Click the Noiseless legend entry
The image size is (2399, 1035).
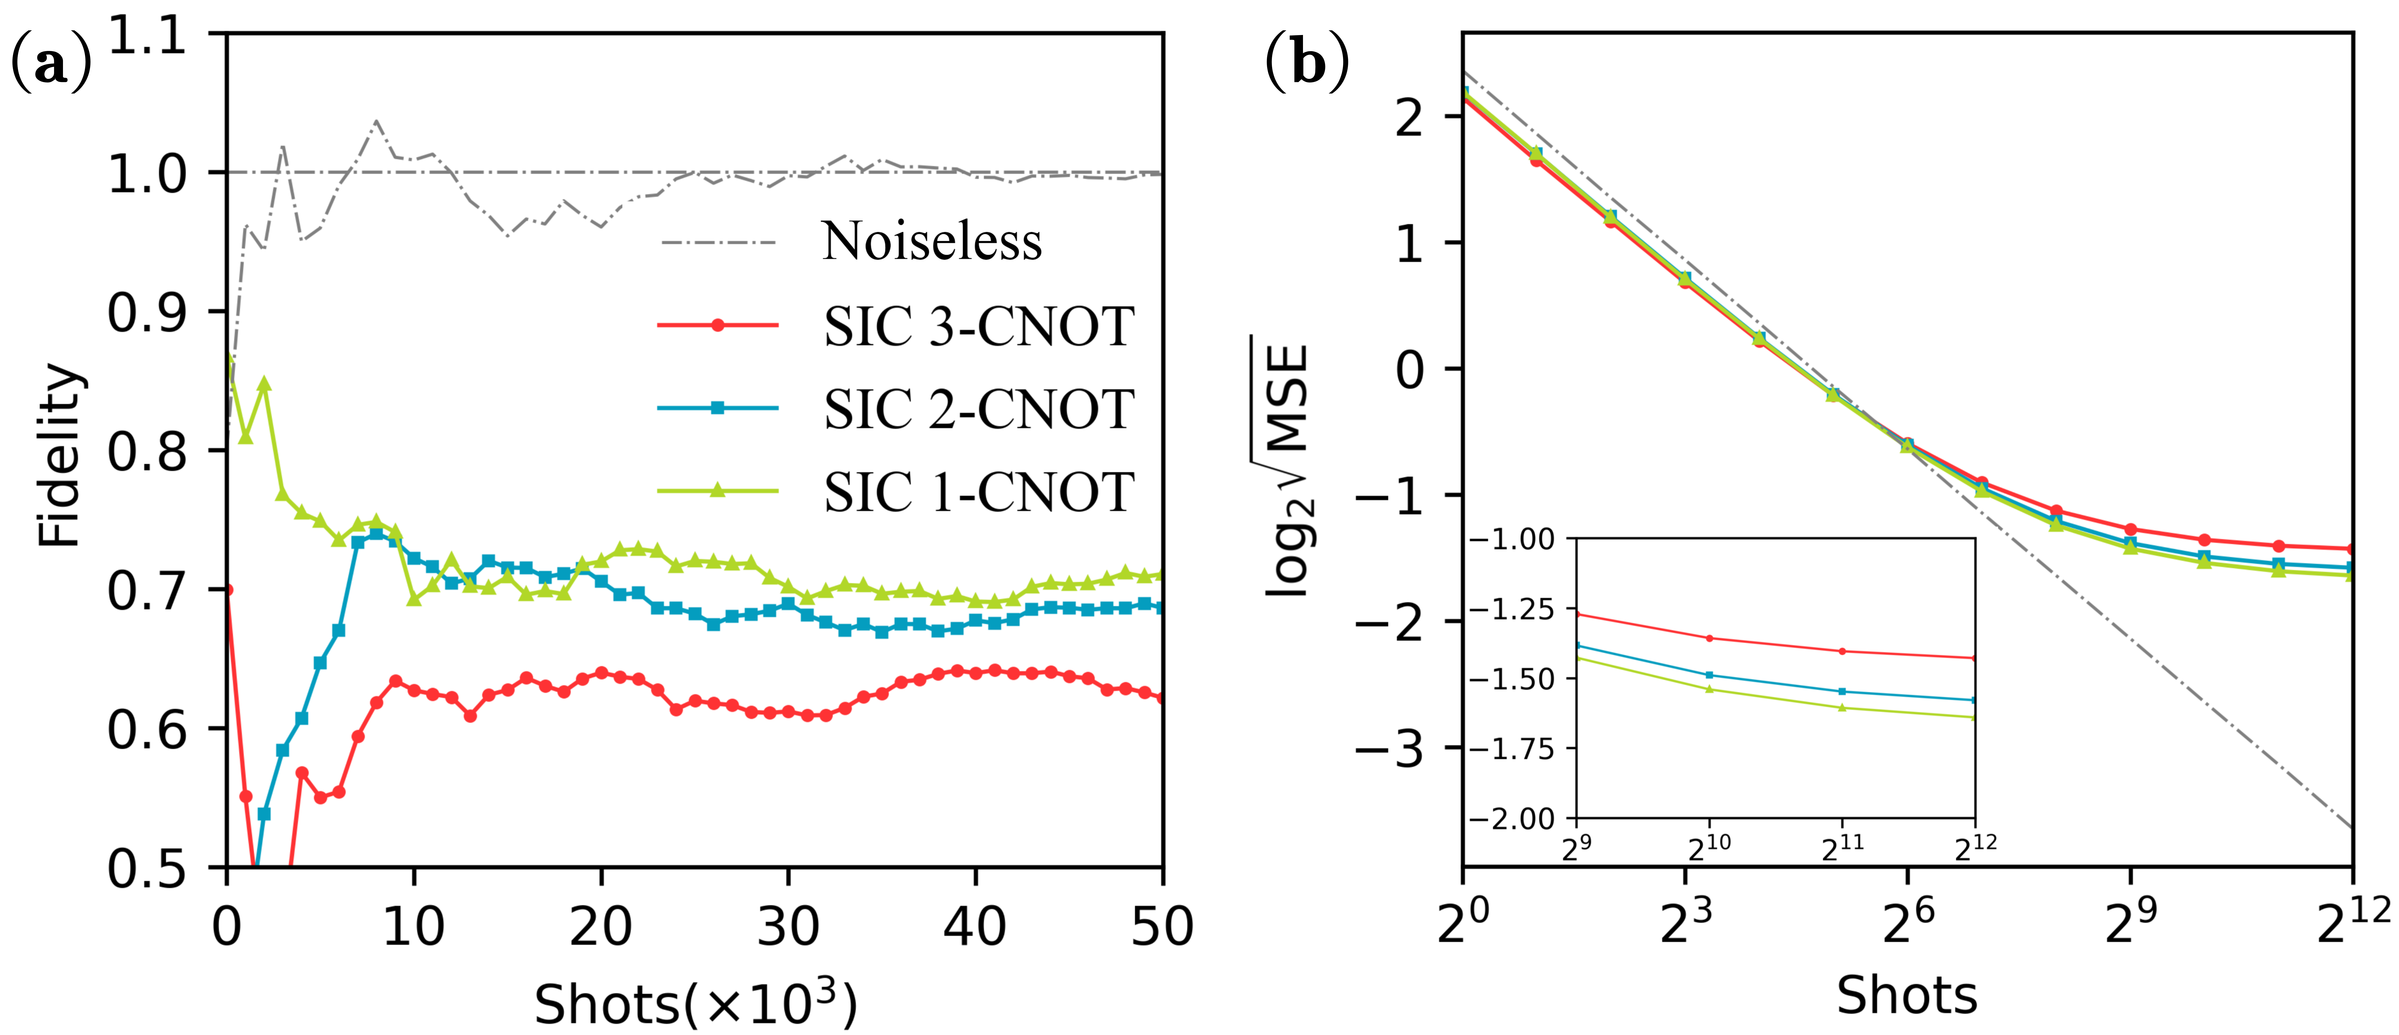tap(931, 242)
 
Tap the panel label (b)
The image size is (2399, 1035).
tap(1307, 63)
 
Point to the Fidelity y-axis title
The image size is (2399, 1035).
tap(61, 455)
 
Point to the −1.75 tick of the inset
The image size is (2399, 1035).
tap(1510, 749)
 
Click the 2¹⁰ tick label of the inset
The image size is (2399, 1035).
tap(1710, 846)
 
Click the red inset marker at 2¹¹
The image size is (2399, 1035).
tap(1842, 651)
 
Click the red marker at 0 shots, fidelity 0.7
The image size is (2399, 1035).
tap(228, 590)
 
